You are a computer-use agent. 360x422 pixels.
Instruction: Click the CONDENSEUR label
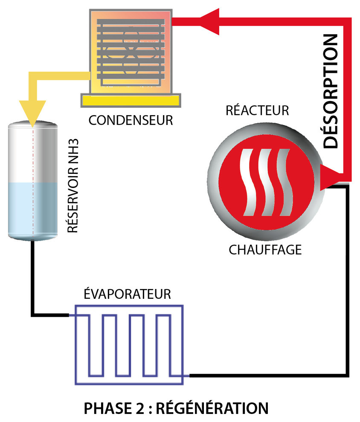131,120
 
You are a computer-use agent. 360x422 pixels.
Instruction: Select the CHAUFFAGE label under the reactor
265,249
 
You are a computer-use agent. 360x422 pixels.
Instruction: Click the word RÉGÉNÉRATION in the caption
212,408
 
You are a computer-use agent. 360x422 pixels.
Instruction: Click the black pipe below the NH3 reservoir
32,277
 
